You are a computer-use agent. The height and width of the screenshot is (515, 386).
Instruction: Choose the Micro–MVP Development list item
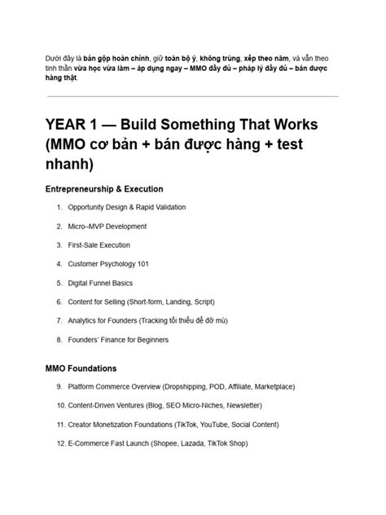point(107,226)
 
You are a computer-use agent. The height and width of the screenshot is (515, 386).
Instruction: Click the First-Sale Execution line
point(99,244)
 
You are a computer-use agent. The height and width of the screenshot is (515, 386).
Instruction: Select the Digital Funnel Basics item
point(100,283)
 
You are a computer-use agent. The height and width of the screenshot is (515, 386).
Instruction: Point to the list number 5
point(59,283)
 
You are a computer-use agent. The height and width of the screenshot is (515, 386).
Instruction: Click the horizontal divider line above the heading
point(193,96)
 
